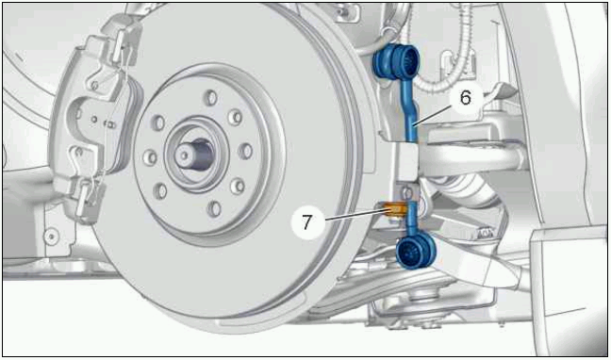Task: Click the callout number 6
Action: coord(465,98)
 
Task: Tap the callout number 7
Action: coord(307,222)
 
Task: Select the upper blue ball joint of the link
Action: coord(397,60)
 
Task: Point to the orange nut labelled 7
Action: coord(395,210)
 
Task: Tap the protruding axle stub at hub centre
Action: coord(195,154)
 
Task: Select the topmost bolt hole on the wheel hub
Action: coord(211,98)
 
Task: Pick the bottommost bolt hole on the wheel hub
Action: coord(214,209)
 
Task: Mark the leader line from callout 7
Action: coord(354,215)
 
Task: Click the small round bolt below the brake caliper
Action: coord(52,236)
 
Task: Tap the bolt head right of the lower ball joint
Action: coord(486,233)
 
